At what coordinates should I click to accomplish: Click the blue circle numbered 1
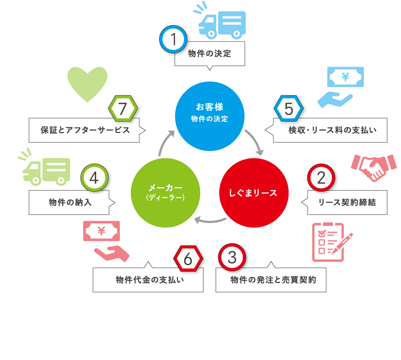(x=173, y=39)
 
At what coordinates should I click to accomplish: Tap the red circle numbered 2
(x=321, y=177)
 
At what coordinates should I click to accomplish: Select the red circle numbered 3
(x=232, y=257)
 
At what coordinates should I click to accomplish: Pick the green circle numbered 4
(x=94, y=177)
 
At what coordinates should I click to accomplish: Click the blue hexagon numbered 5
(x=289, y=109)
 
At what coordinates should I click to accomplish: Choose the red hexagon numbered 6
(x=188, y=259)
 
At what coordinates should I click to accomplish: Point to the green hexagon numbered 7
(x=123, y=109)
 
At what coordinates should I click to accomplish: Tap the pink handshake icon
(x=374, y=167)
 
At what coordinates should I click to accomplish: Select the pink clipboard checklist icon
(x=332, y=242)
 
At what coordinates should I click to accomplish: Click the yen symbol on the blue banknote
(x=346, y=77)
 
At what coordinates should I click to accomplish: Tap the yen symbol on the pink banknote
(x=102, y=231)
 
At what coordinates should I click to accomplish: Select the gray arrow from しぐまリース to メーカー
(x=210, y=221)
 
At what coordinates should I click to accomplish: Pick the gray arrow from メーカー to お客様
(x=164, y=141)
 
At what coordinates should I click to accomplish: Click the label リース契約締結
(x=347, y=202)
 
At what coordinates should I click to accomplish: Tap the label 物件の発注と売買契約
(x=273, y=280)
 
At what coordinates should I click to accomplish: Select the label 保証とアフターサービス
(x=85, y=130)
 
